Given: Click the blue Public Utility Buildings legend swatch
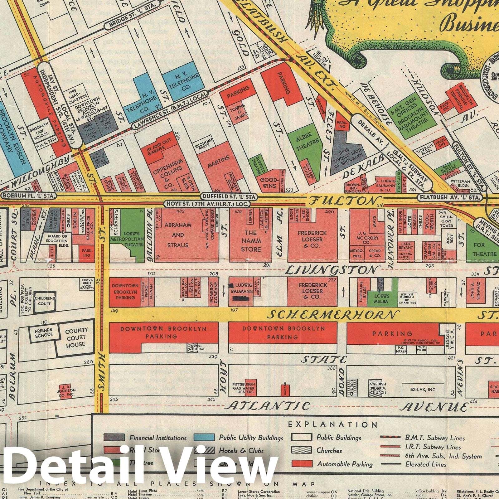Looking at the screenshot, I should (204, 438).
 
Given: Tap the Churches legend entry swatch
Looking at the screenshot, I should (302, 450).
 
